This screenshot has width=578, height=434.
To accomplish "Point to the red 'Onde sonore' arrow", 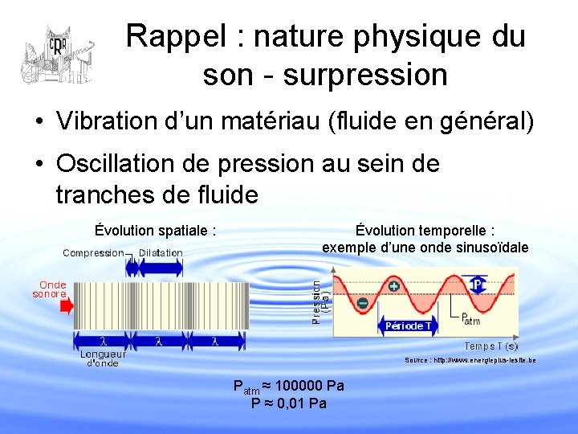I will (66, 305).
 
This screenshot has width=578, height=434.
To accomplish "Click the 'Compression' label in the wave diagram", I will (93, 252).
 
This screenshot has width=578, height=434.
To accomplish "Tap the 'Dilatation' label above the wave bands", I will (161, 252).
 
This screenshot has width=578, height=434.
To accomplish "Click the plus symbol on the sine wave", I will (394, 286).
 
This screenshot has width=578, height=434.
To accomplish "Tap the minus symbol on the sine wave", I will (363, 303).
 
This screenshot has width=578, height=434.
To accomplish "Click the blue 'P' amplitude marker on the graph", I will (478, 285).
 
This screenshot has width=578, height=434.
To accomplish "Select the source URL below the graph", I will (470, 360).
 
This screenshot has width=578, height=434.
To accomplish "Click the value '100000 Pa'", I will (309, 386).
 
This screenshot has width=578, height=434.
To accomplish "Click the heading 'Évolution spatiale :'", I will (155, 231).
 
